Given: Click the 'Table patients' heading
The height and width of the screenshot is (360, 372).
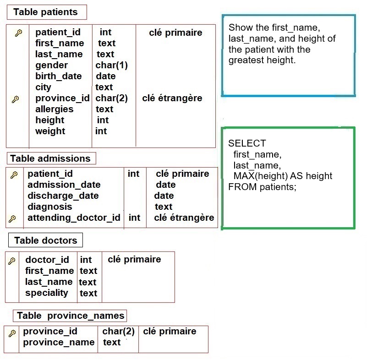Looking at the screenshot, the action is pos(45,12).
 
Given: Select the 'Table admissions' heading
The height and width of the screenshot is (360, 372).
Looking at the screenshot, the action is pos(50,158).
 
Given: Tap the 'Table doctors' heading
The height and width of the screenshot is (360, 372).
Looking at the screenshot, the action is pos(46,240).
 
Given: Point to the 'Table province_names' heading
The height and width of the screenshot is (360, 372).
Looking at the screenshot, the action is pos(71,316).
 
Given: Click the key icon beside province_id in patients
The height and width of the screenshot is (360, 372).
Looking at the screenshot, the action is pos(16,99).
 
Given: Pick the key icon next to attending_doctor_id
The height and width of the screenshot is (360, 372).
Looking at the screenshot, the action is pos(12,218).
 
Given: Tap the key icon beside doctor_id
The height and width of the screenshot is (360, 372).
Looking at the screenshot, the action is pos(12,261).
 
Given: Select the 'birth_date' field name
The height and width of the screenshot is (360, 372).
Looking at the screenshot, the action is pos(59,76).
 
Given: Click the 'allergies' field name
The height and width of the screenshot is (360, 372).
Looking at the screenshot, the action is pos(55,109).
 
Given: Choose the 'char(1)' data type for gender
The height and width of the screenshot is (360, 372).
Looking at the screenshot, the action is pos(111,65).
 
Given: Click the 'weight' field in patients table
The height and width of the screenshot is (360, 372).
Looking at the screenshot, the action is pos(50,131).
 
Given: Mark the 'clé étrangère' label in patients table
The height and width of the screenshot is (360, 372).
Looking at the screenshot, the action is pos(172,98).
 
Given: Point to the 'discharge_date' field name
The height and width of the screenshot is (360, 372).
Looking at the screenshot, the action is pos(63,196).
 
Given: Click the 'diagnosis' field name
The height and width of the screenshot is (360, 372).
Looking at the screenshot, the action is pos(50,207).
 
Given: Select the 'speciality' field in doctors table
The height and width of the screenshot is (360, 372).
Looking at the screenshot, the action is pos(47,293).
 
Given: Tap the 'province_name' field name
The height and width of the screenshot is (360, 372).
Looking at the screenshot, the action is pos(59,343).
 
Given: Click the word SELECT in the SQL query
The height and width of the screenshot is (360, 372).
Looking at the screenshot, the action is pos(247,143).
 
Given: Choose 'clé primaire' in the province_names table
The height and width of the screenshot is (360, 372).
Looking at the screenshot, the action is pos(170,331).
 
